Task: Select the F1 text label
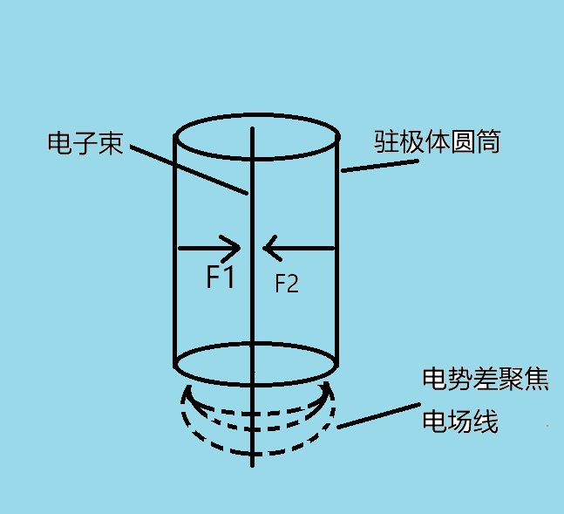220,278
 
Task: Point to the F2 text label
287,283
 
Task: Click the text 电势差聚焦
485,380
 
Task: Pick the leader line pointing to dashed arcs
375,418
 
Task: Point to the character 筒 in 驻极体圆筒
489,141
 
